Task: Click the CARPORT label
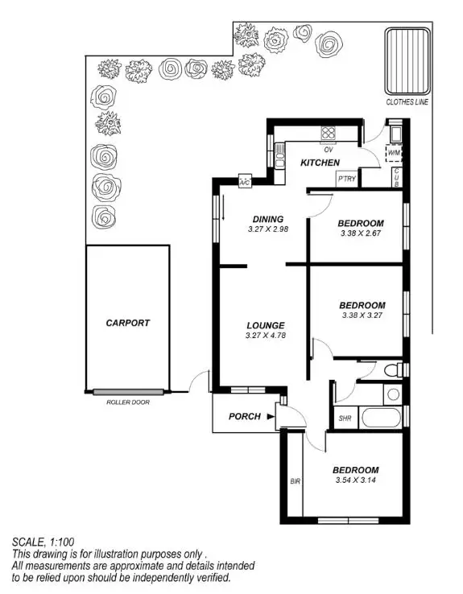coord(127,323)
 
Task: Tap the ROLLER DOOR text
coord(127,402)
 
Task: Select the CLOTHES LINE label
coord(407,102)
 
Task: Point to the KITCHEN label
coord(320,163)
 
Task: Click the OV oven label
coord(329,150)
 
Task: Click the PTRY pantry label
coord(347,179)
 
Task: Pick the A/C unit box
coord(245,183)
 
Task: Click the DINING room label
coord(267,219)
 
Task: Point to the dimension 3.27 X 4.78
coord(267,337)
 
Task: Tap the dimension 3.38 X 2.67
coord(360,236)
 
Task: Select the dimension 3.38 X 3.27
coord(362,317)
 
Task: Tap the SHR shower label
coord(345,419)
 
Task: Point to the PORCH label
coord(244,416)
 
